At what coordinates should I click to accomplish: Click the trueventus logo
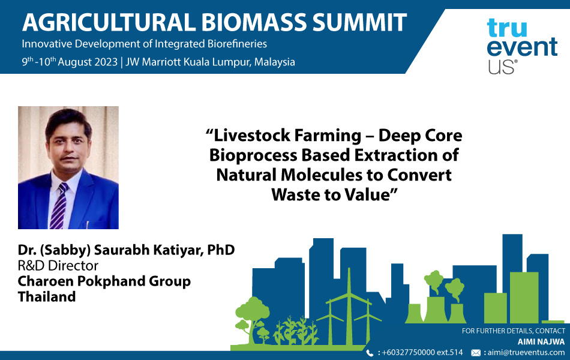(x=521, y=45)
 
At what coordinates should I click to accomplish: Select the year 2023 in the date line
(x=104, y=62)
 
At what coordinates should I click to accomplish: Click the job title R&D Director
(x=58, y=265)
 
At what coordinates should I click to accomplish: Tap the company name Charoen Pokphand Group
(x=104, y=281)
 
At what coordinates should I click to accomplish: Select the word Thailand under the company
(x=47, y=296)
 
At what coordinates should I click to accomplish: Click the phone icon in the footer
(x=369, y=353)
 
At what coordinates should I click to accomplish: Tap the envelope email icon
(x=475, y=353)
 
